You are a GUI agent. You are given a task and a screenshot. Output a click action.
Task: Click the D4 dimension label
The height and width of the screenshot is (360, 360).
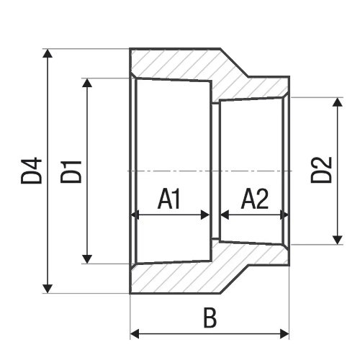(x=32, y=171)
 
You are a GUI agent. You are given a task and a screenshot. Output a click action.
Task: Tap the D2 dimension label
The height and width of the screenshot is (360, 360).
(x=321, y=171)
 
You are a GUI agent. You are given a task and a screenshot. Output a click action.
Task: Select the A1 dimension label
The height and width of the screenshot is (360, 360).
(x=170, y=199)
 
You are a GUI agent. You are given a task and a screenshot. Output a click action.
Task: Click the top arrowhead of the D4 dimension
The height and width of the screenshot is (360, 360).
(x=48, y=54)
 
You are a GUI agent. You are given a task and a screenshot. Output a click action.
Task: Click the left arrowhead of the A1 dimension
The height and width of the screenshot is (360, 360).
(x=135, y=215)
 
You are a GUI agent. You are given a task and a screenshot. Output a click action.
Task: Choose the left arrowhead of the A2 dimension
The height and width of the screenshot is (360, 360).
(x=224, y=215)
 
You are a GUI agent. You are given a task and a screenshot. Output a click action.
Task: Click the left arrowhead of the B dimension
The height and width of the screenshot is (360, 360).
(x=135, y=334)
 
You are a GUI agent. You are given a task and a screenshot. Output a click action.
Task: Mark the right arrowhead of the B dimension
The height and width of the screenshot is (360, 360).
(x=284, y=334)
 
